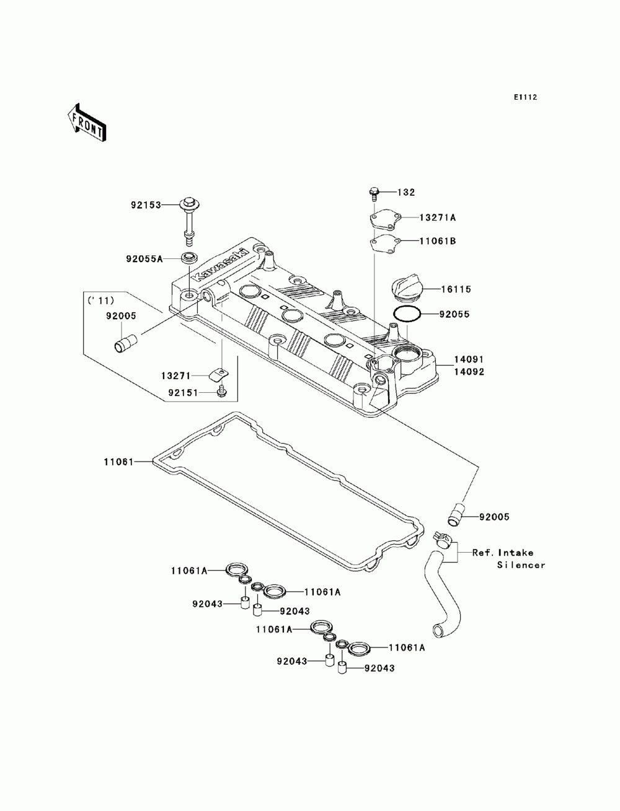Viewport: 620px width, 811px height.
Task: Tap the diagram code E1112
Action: pyautogui.click(x=525, y=97)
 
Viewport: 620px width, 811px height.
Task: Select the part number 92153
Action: pyautogui.click(x=146, y=204)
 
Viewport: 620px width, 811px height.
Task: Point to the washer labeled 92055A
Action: pyautogui.click(x=189, y=256)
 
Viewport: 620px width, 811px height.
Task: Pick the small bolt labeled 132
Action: pyautogui.click(x=373, y=194)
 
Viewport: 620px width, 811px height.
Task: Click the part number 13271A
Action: pyautogui.click(x=437, y=217)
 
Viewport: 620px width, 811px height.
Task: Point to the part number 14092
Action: pyautogui.click(x=469, y=372)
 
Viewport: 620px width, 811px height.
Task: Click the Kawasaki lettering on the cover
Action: pyautogui.click(x=221, y=266)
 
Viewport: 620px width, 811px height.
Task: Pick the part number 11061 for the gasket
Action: pyautogui.click(x=118, y=462)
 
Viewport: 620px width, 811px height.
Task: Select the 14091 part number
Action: pyautogui.click(x=469, y=359)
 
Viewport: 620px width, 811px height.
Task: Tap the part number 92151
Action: pyautogui.click(x=183, y=393)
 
